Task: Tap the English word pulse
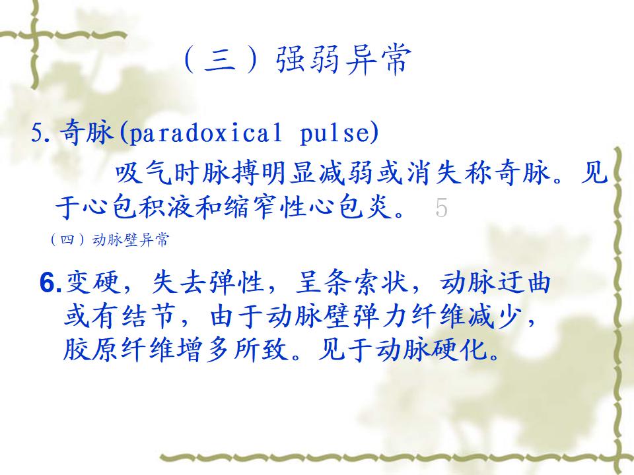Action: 334,133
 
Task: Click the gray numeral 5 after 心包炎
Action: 442,208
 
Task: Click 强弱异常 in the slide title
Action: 343,60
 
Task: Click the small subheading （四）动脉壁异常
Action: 109,240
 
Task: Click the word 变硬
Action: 93,282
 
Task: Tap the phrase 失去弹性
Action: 207,282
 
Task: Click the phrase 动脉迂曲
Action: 495,282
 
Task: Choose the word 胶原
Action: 91,349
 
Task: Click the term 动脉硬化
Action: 432,349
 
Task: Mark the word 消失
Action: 432,174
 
